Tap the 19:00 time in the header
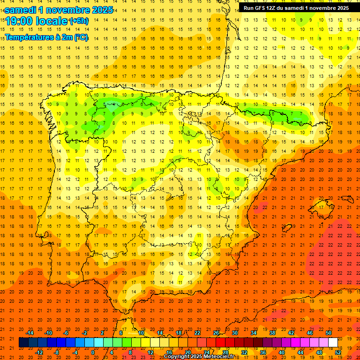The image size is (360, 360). click(x=19, y=21)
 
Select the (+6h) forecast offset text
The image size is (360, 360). click(x=78, y=21)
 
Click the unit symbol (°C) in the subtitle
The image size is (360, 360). click(x=81, y=37)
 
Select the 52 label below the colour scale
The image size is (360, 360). click(x=338, y=352)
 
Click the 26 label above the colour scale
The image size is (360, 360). click(x=216, y=333)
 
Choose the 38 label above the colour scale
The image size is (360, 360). click(x=272, y=333)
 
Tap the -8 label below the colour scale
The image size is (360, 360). click(x=57, y=352)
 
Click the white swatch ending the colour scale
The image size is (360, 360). click(x=333, y=343)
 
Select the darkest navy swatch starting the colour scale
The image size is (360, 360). click(x=23, y=343)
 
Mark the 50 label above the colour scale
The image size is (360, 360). click(x=329, y=333)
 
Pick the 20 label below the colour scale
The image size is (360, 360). click(x=188, y=352)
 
